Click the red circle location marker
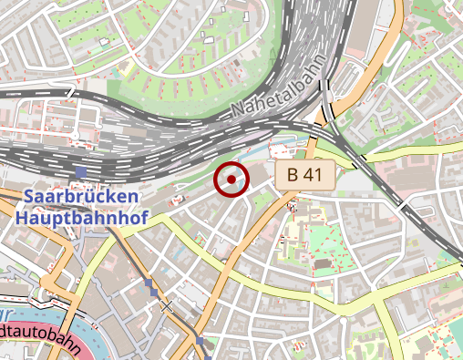tap(231, 180)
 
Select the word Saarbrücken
tap(82, 197)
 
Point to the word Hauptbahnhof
tap(81, 219)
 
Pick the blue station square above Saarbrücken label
tap(82, 171)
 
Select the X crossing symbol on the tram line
tap(165, 305)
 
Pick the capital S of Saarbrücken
tap(30, 197)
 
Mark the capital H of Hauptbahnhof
tap(22, 219)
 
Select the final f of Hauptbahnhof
tap(143, 219)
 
